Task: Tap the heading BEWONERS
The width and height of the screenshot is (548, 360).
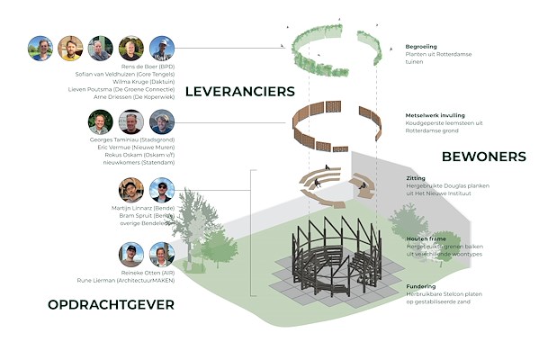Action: [x=483, y=157]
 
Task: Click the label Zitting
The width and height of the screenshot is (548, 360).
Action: [x=416, y=178]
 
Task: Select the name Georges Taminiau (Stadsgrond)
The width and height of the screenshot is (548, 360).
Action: [x=125, y=141]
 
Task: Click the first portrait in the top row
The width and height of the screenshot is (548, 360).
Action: [x=40, y=49]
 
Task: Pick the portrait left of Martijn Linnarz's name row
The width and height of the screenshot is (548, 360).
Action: [x=131, y=191]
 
